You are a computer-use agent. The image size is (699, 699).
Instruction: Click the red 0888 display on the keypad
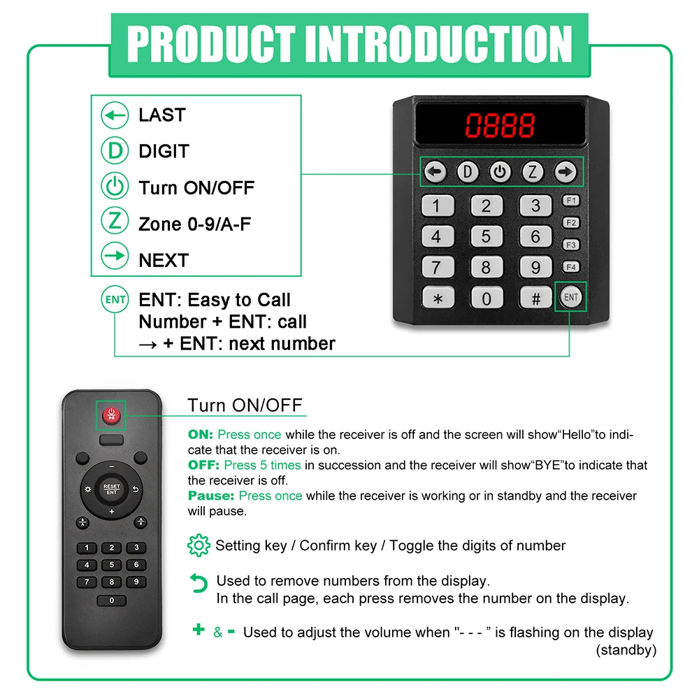point(500,126)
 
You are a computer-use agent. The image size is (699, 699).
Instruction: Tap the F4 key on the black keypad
point(571,267)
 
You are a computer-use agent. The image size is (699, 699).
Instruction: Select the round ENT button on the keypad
point(571,297)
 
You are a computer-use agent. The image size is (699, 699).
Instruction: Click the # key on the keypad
point(535,298)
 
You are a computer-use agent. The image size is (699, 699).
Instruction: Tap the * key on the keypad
point(438,298)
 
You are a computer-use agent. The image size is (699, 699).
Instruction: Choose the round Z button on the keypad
point(533,172)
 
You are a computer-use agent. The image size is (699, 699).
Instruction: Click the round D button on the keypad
point(467,172)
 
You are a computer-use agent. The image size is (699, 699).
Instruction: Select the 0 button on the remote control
point(111,600)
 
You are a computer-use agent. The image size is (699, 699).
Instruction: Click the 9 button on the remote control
point(136,582)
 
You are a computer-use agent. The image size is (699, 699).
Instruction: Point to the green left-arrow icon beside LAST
point(115,115)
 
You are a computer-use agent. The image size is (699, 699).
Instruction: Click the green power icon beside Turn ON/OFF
point(115,187)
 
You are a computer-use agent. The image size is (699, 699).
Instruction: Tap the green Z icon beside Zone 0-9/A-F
point(115,224)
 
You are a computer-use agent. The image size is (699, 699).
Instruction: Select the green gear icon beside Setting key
point(199,545)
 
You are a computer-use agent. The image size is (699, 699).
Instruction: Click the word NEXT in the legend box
point(164,261)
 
